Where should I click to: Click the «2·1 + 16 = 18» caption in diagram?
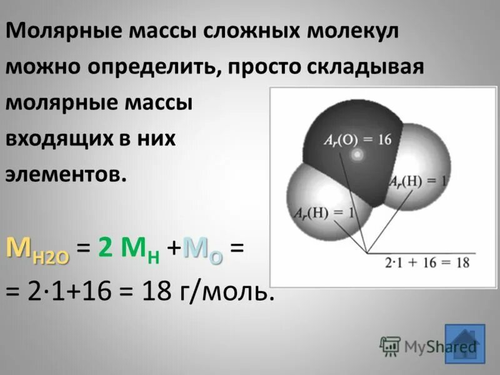click(427, 262)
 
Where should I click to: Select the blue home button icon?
click(465, 342)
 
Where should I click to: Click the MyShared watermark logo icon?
click(391, 346)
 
